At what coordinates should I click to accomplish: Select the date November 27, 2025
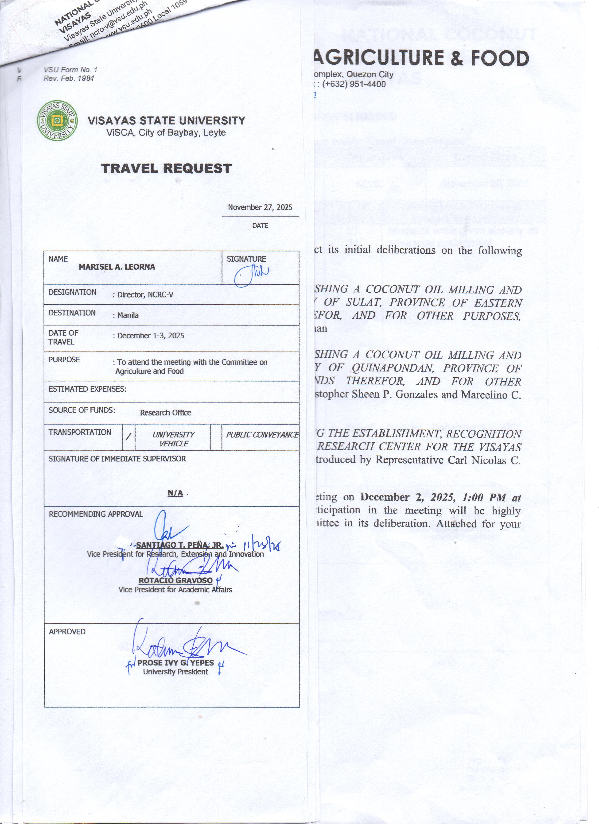260,207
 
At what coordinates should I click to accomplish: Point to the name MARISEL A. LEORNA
117,267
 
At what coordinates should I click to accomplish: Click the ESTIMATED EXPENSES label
88,389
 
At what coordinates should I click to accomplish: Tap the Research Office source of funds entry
166,413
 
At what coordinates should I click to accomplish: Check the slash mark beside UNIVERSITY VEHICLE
128,438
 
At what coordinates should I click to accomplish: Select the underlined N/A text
175,493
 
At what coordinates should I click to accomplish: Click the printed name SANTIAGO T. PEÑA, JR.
180,545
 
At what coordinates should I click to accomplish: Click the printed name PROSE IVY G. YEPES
175,663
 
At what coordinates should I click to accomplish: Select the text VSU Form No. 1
70,70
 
